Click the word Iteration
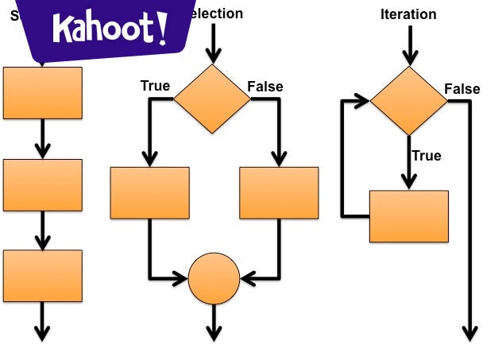(408, 14)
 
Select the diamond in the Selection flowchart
(212, 99)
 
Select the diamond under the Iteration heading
(409, 100)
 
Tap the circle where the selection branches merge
(214, 278)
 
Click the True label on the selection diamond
(155, 86)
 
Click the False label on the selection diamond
(265, 86)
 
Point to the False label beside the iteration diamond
(461, 89)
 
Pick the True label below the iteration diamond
(426, 156)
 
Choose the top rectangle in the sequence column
(43, 93)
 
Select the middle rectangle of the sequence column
(43, 185)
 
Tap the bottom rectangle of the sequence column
(43, 276)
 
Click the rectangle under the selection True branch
(149, 192)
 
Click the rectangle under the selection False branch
(279, 192)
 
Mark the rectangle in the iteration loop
(409, 216)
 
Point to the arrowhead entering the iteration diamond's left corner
(363, 101)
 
